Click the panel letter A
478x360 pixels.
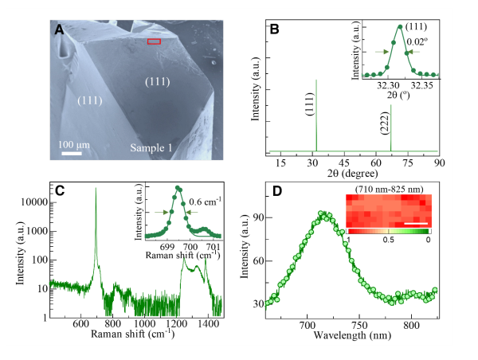pyautogui.click(x=59, y=30)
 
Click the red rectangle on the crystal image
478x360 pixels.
pyautogui.click(x=154, y=41)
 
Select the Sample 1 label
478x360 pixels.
pyautogui.click(x=153, y=148)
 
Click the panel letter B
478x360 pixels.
pyautogui.click(x=275, y=29)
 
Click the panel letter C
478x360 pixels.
pyautogui.click(x=59, y=192)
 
